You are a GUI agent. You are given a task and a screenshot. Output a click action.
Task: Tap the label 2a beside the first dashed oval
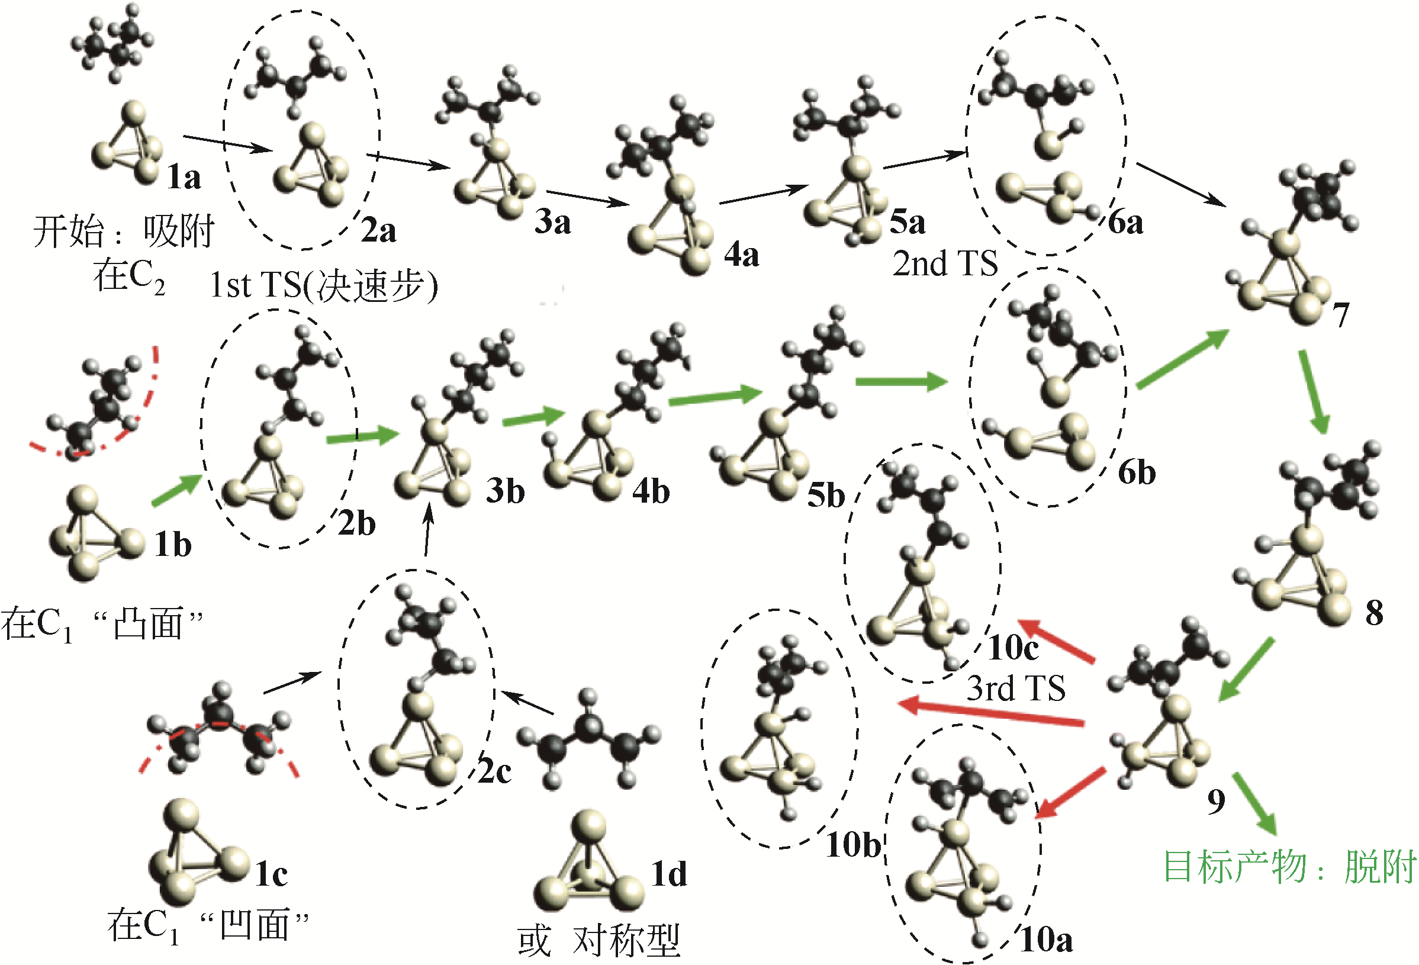tap(378, 230)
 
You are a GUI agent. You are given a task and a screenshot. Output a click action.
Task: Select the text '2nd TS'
tap(945, 263)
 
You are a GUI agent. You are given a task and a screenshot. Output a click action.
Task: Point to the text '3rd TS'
tap(1016, 689)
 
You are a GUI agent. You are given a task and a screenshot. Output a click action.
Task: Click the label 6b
tap(1137, 472)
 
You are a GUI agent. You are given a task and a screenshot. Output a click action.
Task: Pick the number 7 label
tap(1341, 316)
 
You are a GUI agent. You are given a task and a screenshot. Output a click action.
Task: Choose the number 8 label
tap(1375, 613)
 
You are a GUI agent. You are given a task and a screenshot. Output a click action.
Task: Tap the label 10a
tap(1047, 940)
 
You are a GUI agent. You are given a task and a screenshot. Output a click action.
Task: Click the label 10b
tap(853, 845)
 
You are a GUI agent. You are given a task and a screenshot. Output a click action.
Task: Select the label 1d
tap(669, 874)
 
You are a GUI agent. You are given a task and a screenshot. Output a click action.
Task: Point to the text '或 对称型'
tap(599, 941)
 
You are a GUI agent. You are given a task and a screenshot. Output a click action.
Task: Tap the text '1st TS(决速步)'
tap(324, 285)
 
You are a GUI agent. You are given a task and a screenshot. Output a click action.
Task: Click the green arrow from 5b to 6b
tap(901, 382)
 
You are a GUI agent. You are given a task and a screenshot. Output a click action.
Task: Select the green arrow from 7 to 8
tap(1313, 391)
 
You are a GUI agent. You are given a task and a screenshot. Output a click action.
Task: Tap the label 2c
tap(494, 771)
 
